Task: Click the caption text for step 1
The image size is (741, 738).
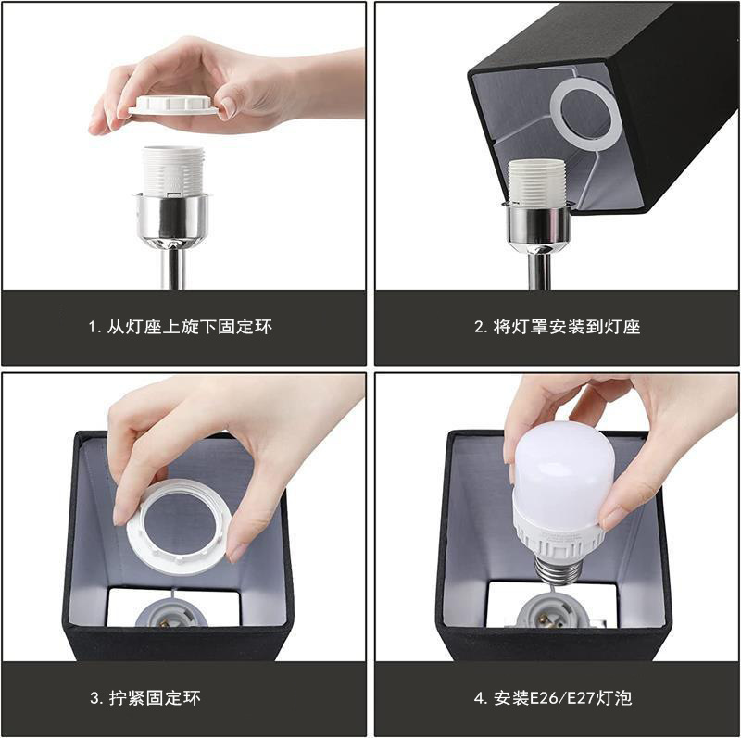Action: (x=181, y=327)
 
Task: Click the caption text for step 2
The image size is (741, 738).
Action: (x=557, y=327)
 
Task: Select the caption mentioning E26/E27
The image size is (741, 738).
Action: (x=557, y=697)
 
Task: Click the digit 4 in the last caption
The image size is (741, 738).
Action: (x=479, y=698)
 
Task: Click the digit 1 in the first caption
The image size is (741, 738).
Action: (x=93, y=328)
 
